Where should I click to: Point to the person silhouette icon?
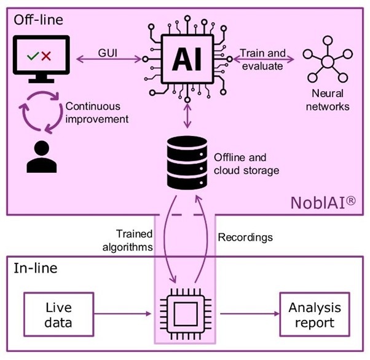pyautogui.click(x=41, y=157)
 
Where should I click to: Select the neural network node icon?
pyautogui.click(x=328, y=62)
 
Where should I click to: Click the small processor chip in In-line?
pyautogui.click(x=184, y=314)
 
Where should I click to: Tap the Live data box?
pyautogui.click(x=58, y=314)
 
